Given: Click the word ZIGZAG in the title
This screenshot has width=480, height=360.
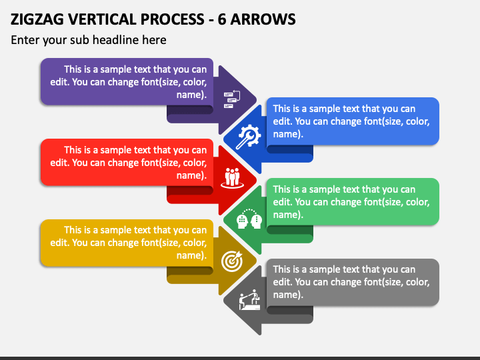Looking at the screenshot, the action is [37, 19].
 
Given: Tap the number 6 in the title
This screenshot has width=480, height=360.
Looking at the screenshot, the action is [222, 19].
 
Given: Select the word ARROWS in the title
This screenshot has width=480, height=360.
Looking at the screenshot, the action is [263, 19].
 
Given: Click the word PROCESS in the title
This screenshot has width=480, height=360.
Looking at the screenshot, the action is [172, 19].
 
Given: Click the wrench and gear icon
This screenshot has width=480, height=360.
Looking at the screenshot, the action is [248, 137].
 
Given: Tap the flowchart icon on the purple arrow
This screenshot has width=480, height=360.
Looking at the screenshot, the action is [232, 99].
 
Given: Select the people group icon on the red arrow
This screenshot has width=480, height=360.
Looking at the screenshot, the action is [233, 177].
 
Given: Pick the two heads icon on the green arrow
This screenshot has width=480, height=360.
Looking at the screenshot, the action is [249, 219].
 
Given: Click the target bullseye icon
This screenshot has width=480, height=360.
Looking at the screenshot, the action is [232, 261].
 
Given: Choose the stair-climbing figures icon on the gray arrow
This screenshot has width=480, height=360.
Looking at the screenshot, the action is [249, 300].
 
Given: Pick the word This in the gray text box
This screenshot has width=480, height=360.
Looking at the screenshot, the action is [282, 269].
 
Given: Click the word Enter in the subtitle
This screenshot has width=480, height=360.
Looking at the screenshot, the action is [25, 40].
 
